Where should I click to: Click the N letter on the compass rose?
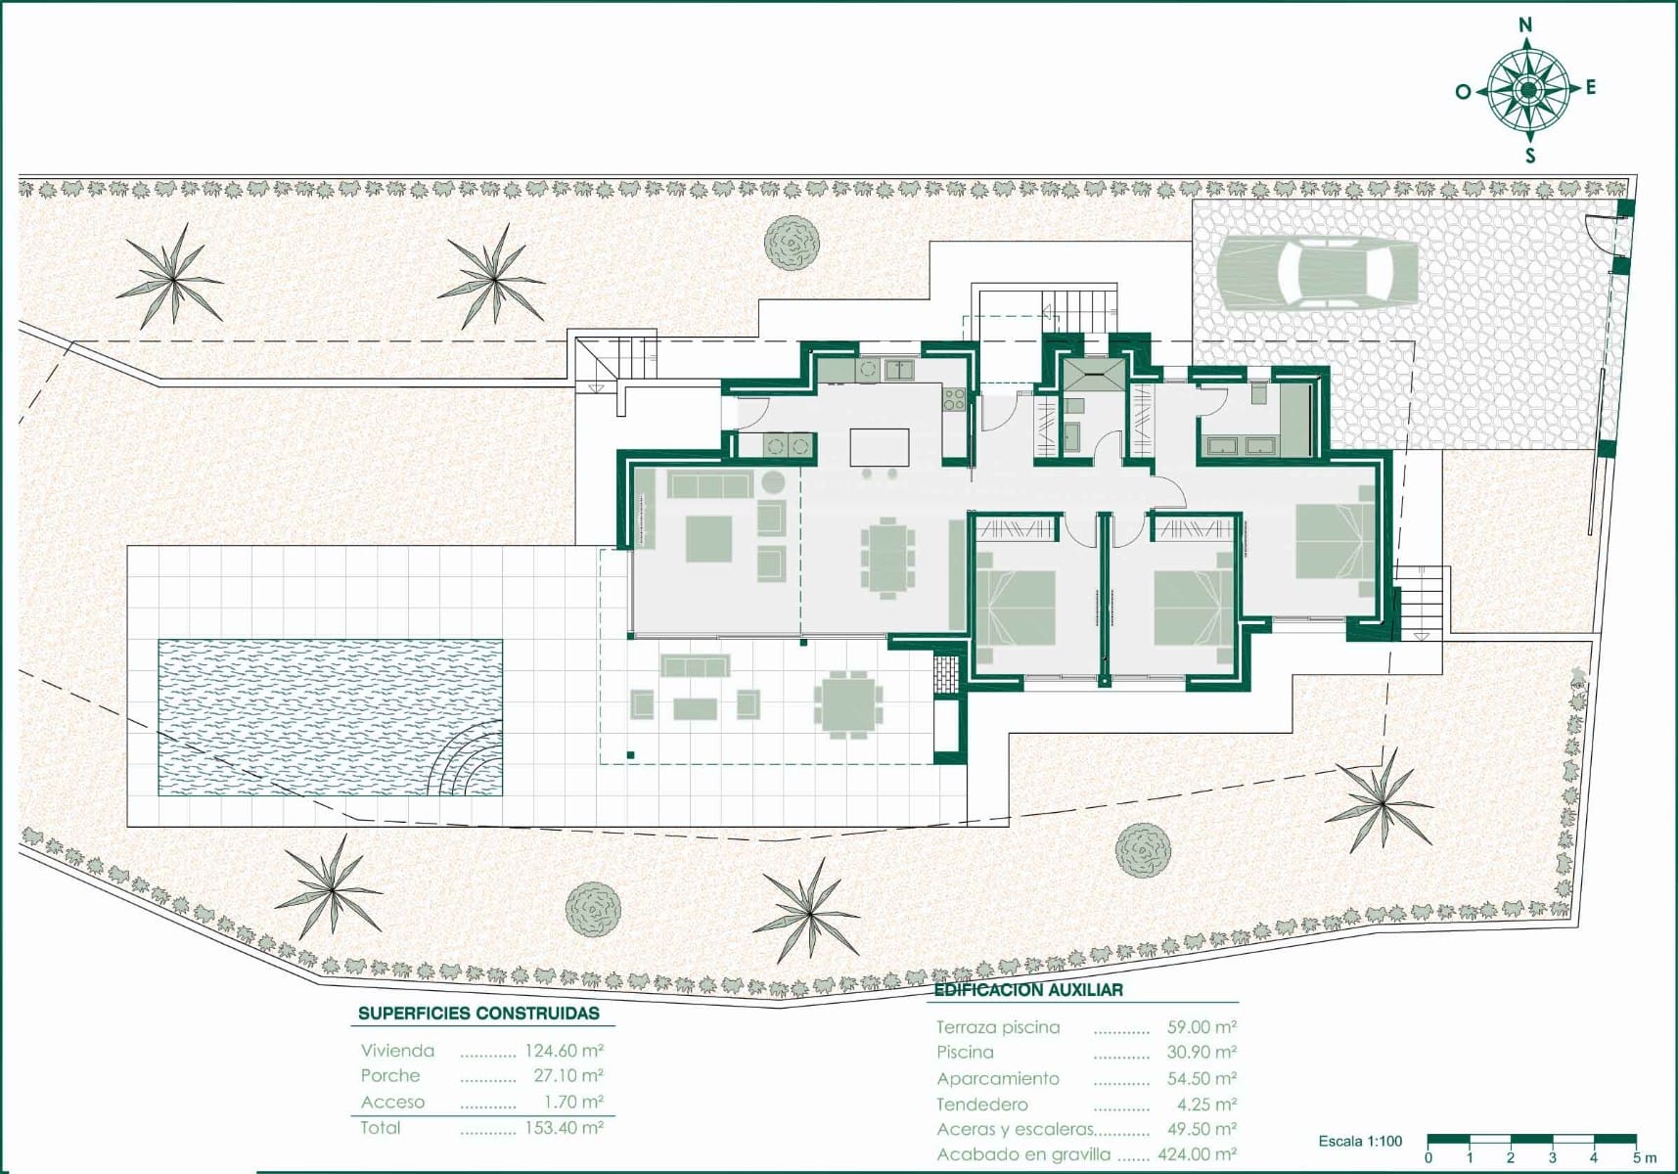click(x=1524, y=25)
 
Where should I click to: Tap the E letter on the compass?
click(x=1591, y=88)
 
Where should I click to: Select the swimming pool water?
click(x=331, y=717)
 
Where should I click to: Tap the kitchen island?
click(x=880, y=447)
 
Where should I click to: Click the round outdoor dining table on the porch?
click(x=848, y=704)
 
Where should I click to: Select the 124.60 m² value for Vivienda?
click(x=565, y=1051)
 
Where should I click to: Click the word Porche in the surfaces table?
click(x=390, y=1076)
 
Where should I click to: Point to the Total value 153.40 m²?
click(x=565, y=1127)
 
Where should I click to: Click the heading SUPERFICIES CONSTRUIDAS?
click(x=479, y=1014)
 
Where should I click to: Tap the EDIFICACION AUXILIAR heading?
click(x=1028, y=990)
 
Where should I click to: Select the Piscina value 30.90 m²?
click(x=1202, y=1053)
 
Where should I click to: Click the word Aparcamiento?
click(x=998, y=1078)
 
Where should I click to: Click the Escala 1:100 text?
click(x=1360, y=1141)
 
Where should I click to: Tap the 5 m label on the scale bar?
click(x=1645, y=1158)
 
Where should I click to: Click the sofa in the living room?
click(x=709, y=484)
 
